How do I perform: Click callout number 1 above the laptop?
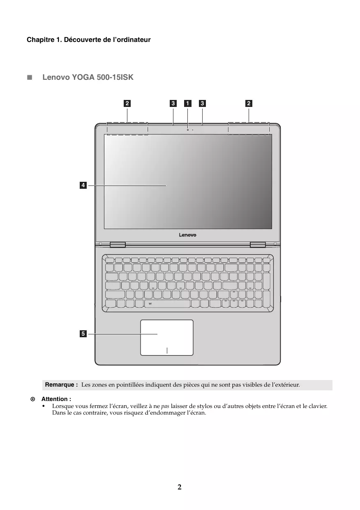click(x=187, y=103)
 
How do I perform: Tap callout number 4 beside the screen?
click(x=83, y=185)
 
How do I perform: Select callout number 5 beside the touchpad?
click(x=83, y=334)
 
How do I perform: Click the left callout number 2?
click(x=127, y=103)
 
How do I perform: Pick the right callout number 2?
click(x=249, y=103)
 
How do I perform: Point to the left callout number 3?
click(x=173, y=103)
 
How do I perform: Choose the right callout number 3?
click(x=202, y=103)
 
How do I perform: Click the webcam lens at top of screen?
click(x=188, y=130)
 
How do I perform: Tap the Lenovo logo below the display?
click(x=187, y=235)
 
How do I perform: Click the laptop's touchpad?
click(x=167, y=337)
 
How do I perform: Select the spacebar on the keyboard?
click(x=167, y=304)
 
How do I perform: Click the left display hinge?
click(x=118, y=245)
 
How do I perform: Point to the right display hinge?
click(x=258, y=245)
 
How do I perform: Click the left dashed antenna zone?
click(x=127, y=128)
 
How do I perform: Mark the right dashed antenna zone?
click(x=249, y=128)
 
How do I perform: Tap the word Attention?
click(x=56, y=399)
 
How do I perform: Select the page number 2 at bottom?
click(x=180, y=487)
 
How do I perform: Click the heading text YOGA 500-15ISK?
click(x=102, y=77)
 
